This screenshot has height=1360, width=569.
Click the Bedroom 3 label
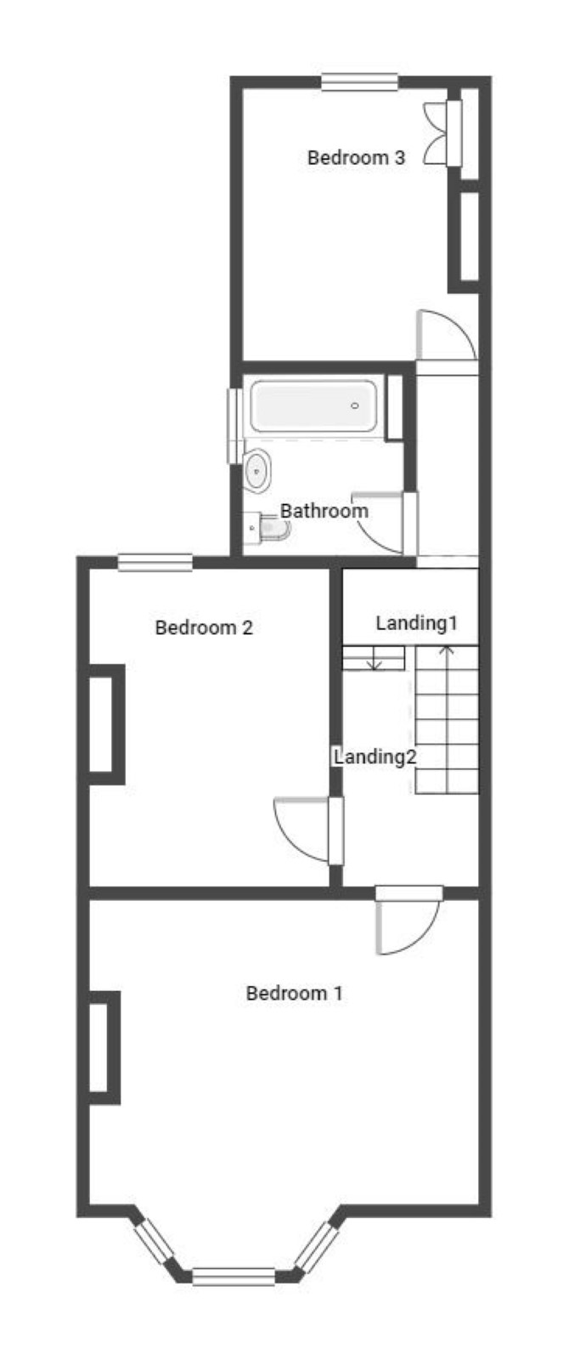(356, 158)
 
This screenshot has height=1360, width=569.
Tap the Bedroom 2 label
(204, 627)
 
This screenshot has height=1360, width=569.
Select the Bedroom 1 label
(294, 994)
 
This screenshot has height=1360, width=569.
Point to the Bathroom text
(324, 511)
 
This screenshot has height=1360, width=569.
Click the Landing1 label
(417, 623)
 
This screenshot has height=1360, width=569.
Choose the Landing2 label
(375, 756)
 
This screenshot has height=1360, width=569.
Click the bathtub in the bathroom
(313, 405)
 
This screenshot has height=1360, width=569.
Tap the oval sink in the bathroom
(257, 470)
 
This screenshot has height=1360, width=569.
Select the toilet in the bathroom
(267, 528)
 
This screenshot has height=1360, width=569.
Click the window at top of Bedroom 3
(360, 82)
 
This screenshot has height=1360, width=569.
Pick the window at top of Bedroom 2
(155, 562)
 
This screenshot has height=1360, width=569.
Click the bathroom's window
(235, 426)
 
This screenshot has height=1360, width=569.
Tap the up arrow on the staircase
(447, 719)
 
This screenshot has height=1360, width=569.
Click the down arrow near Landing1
(375, 658)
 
